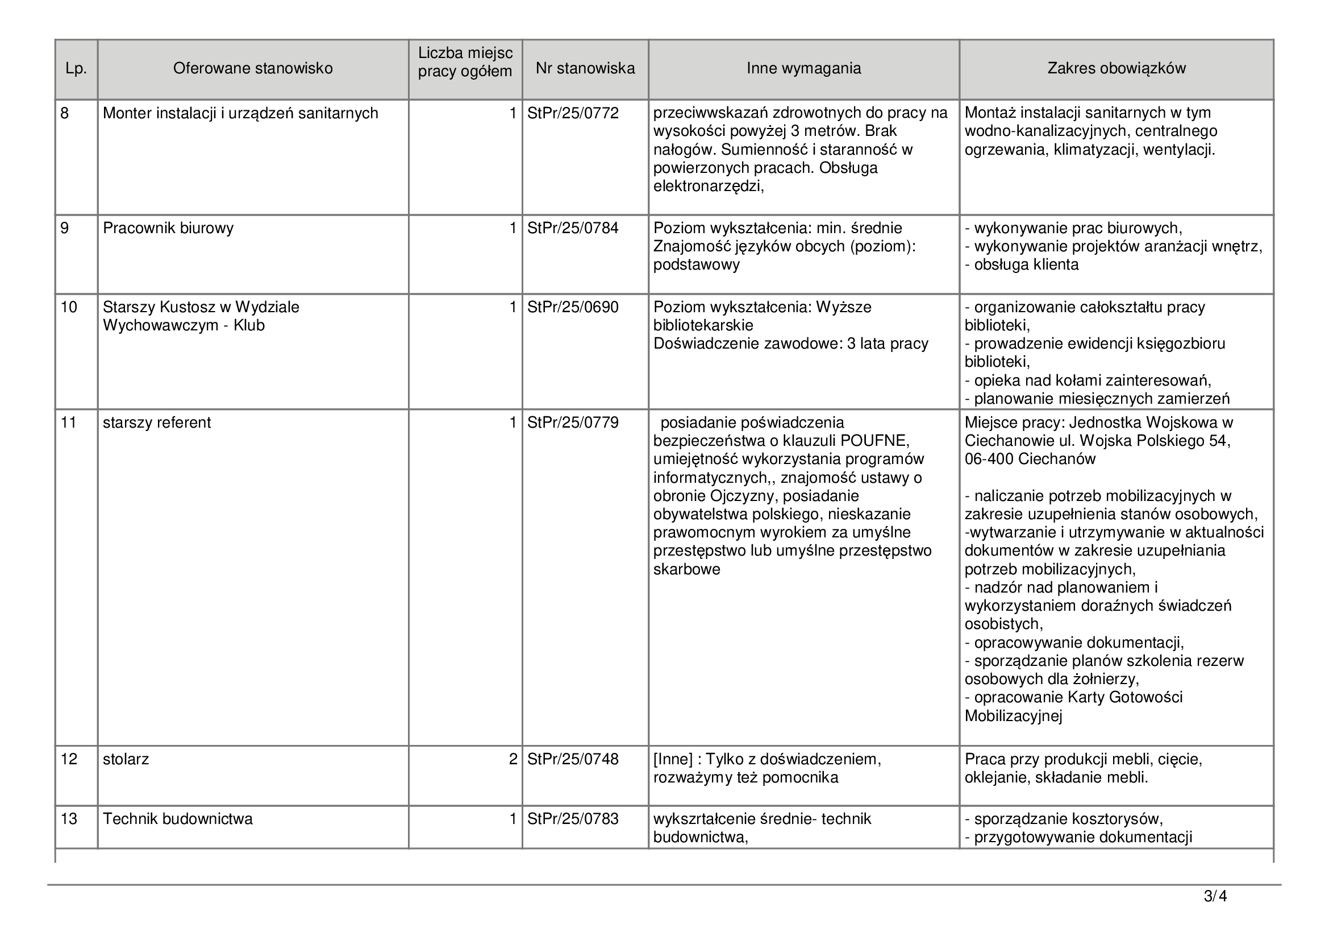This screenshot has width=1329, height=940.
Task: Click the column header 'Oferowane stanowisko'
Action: click(253, 68)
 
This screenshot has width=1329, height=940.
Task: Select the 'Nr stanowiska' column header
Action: click(585, 68)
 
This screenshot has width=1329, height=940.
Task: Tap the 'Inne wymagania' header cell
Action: click(803, 68)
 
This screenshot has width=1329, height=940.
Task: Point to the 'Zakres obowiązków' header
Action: click(1116, 68)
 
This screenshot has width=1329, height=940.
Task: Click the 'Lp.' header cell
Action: click(76, 69)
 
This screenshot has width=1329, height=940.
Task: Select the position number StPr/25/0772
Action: click(573, 113)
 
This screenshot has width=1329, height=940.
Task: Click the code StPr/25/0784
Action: click(573, 228)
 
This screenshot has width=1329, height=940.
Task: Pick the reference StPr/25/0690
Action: click(573, 307)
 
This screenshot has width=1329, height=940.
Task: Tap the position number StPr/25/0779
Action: click(573, 423)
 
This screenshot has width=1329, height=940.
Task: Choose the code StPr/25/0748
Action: click(573, 759)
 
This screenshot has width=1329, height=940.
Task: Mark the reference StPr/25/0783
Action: click(573, 819)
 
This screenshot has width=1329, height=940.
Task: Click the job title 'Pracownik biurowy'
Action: click(168, 228)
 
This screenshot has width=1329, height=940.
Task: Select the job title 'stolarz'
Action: click(126, 759)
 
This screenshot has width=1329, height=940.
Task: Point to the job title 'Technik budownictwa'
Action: click(178, 819)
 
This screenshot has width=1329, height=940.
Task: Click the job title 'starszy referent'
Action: click(157, 423)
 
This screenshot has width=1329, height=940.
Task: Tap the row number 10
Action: click(69, 307)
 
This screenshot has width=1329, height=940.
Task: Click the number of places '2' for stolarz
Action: click(513, 759)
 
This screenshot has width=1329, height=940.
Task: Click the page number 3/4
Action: click(1215, 897)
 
